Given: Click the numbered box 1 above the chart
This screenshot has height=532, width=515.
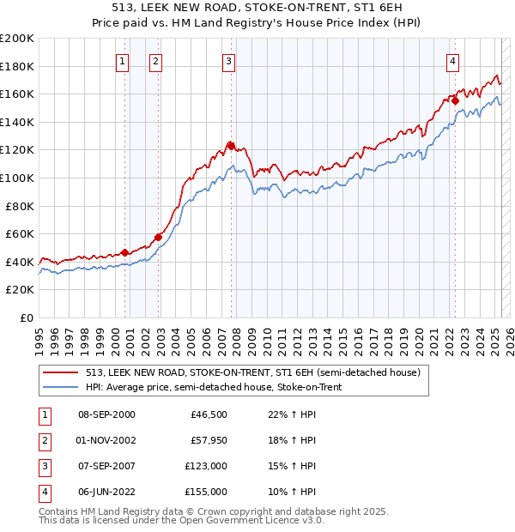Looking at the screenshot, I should (123, 61).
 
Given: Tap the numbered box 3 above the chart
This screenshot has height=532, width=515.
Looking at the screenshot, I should (229, 61).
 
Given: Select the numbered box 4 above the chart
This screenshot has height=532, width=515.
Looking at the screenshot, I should (452, 61).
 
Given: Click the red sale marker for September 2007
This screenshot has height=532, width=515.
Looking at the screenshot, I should (231, 145).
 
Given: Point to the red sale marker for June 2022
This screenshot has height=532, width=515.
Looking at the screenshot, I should (455, 100).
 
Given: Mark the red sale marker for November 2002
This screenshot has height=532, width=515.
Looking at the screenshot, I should (158, 237).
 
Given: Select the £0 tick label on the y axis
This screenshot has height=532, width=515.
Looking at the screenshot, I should (25, 317).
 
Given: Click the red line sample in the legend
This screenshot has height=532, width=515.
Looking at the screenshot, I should (59, 372).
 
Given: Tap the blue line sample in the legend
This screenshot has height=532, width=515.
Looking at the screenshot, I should (59, 387).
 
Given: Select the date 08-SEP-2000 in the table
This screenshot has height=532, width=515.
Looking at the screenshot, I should (106, 414).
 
